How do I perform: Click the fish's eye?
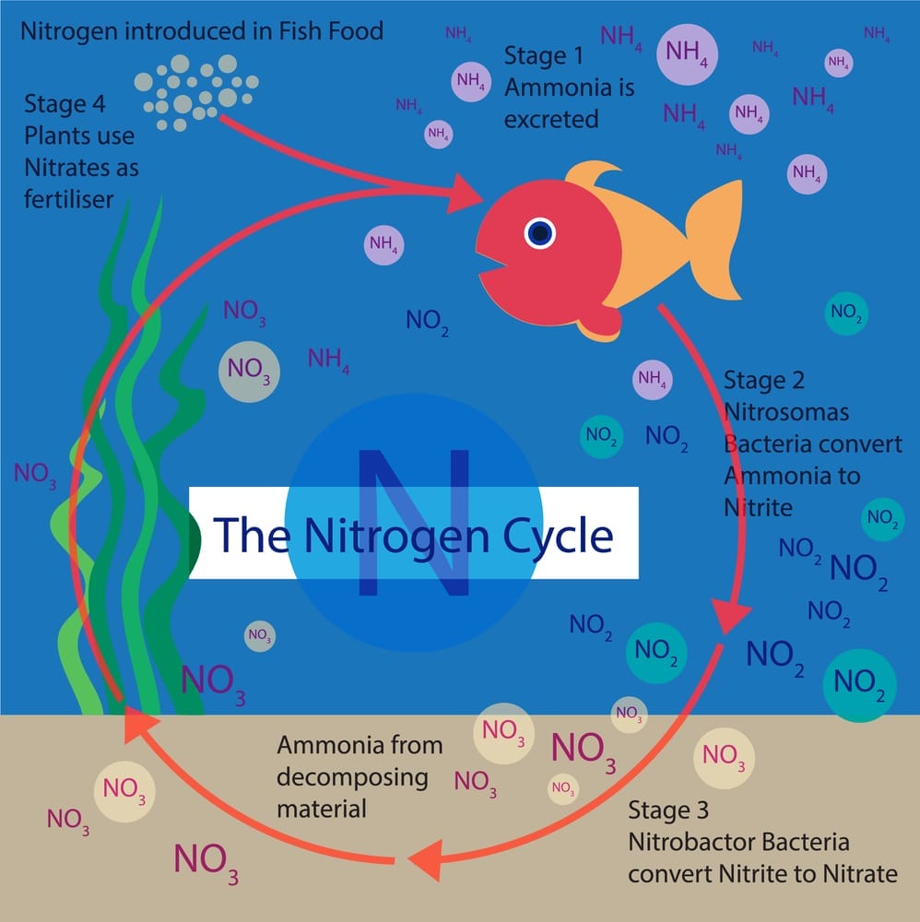[539, 233]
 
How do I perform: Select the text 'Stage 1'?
[544, 56]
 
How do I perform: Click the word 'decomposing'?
[353, 776]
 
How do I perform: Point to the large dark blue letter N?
[412, 522]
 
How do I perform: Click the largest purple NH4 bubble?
[687, 52]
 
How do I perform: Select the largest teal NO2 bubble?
[860, 685]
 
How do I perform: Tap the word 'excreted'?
[551, 119]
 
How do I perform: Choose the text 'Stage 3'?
[668, 811]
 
